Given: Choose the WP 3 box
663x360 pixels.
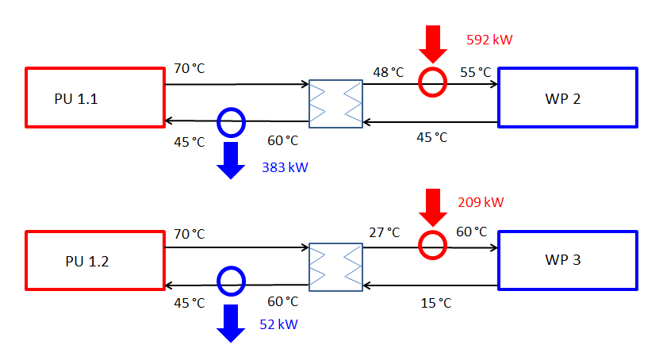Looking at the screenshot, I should pyautogui.click(x=567, y=259).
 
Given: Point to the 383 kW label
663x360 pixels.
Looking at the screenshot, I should pyautogui.click(x=285, y=167).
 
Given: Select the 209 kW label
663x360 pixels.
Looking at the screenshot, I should pyautogui.click(x=481, y=202).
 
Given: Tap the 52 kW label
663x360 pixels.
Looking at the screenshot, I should pyautogui.click(x=278, y=324).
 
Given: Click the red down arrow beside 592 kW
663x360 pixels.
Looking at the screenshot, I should pyautogui.click(x=433, y=44).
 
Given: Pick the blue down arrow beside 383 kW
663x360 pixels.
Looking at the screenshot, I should pyautogui.click(x=231, y=159).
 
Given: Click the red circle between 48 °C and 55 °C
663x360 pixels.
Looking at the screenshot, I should pyautogui.click(x=433, y=82).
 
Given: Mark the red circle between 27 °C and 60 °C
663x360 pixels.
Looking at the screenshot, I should pyautogui.click(x=433, y=244).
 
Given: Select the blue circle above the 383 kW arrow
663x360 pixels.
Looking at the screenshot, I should pyautogui.click(x=231, y=122).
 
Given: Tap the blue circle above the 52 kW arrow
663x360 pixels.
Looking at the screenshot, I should pyautogui.click(x=231, y=279).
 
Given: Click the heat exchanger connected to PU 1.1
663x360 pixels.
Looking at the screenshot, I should pyautogui.click(x=335, y=103).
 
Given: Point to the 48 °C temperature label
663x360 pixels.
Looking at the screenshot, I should pyautogui.click(x=388, y=72).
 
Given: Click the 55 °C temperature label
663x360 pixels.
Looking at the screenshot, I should pyautogui.click(x=476, y=72).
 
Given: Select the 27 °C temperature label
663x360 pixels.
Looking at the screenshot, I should pyautogui.click(x=384, y=232).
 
